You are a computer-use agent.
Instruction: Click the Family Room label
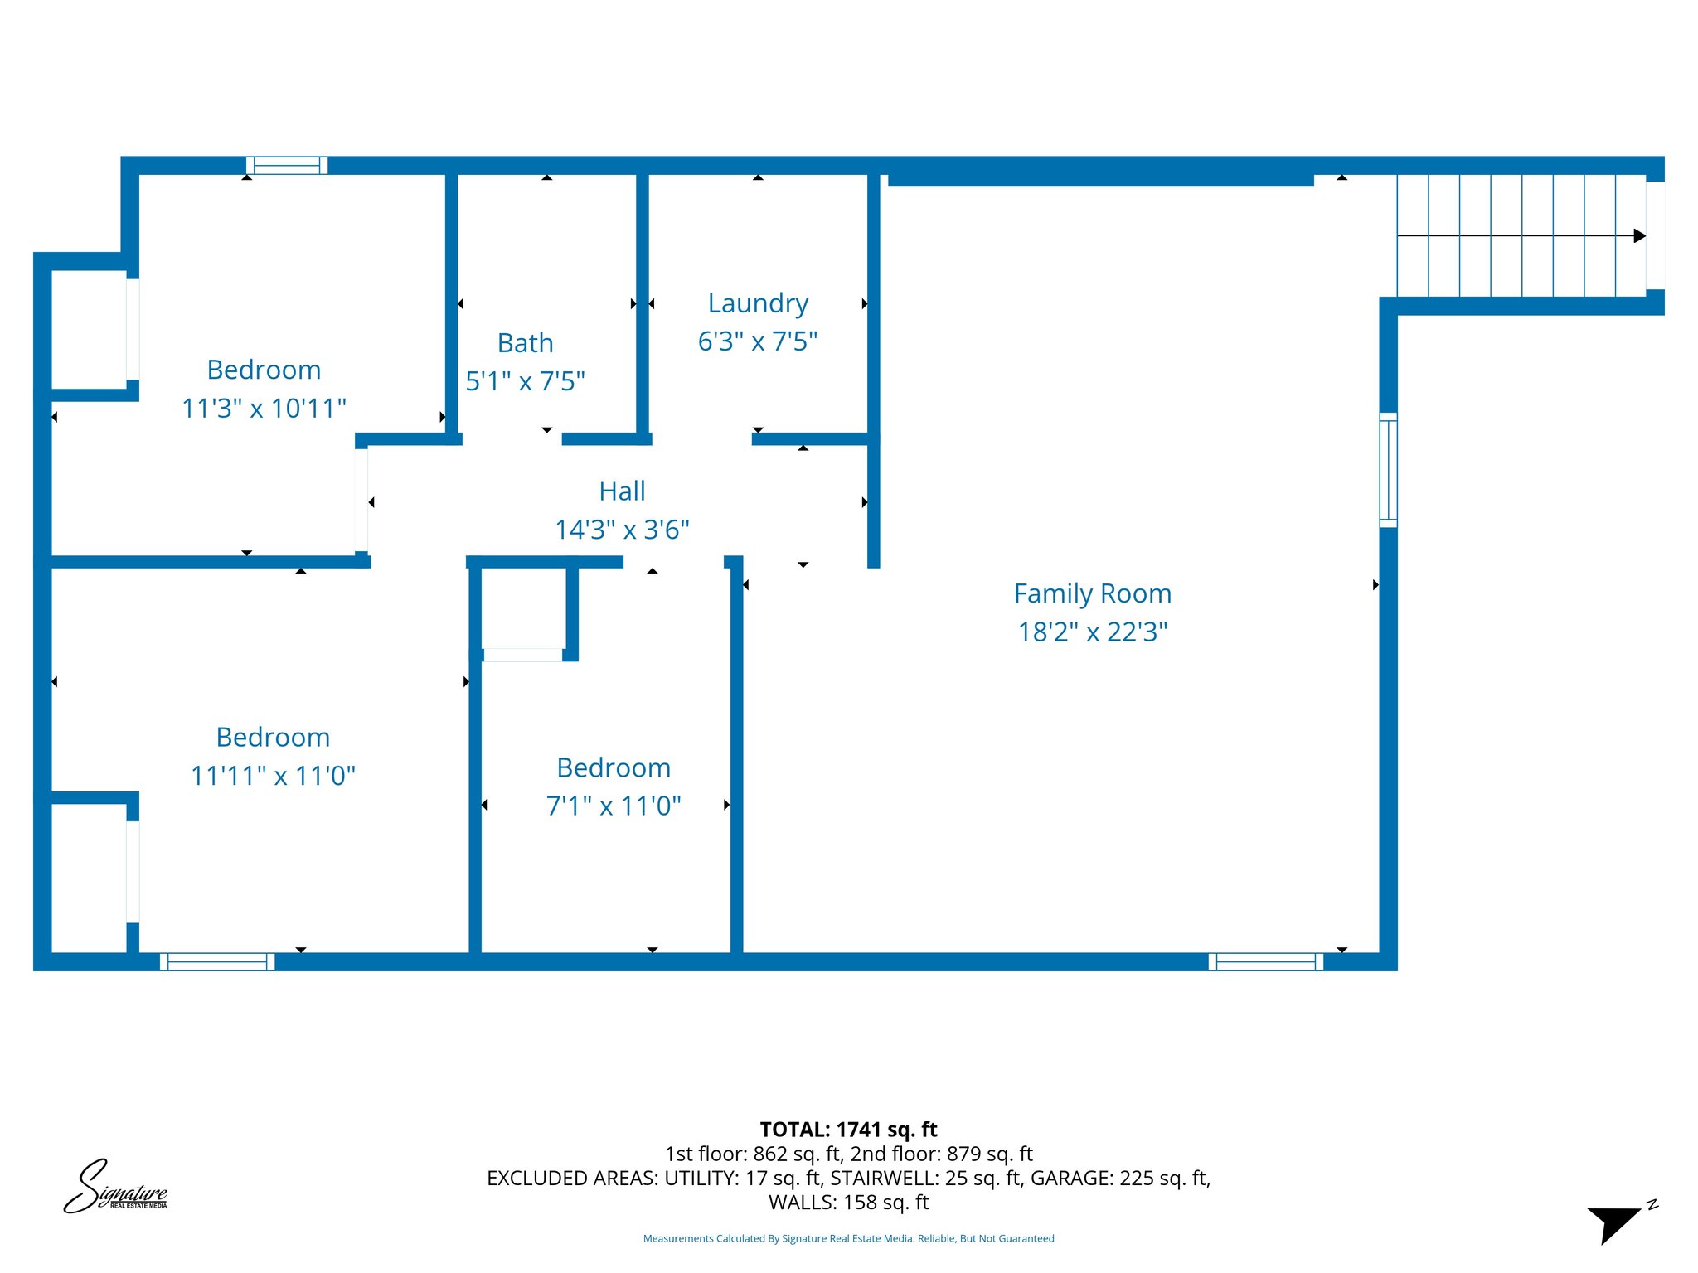(x=1092, y=593)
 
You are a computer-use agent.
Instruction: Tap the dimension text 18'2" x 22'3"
(x=1092, y=632)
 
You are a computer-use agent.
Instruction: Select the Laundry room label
(x=758, y=303)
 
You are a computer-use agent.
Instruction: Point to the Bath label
(x=525, y=343)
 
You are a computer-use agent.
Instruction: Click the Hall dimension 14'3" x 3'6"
(x=622, y=530)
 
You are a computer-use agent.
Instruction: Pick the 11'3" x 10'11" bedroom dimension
(x=264, y=409)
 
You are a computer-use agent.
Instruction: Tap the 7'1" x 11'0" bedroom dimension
(x=614, y=806)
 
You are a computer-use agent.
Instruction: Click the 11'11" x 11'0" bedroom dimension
(x=273, y=776)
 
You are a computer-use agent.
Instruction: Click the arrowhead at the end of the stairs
(x=1639, y=236)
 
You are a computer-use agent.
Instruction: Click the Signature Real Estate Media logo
(x=115, y=1188)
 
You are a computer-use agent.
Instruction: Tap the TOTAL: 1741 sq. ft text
(x=848, y=1130)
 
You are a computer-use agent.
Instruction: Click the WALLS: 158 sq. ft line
(x=848, y=1202)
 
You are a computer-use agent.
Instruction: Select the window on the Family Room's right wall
(x=1388, y=470)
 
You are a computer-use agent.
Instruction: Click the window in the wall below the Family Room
(x=1265, y=961)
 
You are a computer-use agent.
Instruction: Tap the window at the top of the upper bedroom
(x=287, y=166)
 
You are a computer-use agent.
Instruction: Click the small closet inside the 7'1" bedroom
(x=524, y=610)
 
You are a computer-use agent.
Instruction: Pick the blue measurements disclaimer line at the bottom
(x=848, y=1238)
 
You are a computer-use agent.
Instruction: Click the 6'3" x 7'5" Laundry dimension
(x=758, y=341)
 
